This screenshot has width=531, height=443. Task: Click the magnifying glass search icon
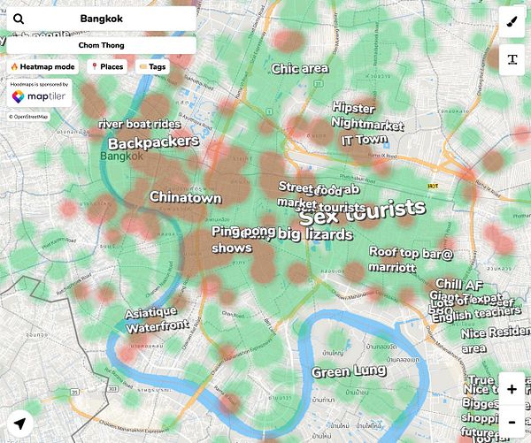[x=19, y=19]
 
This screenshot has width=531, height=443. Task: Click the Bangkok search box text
[x=101, y=19]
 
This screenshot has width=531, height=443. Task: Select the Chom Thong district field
[x=101, y=45]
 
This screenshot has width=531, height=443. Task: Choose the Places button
[x=106, y=66]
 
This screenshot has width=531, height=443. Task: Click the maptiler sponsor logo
[x=40, y=96]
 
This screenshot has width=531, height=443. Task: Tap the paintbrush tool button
[x=512, y=23]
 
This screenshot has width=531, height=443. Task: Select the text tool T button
[x=512, y=59]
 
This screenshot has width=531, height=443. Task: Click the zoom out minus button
[x=512, y=422]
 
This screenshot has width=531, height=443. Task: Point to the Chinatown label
[x=185, y=197]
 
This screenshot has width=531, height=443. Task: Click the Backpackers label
[x=153, y=142]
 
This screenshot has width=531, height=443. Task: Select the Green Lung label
[x=348, y=372]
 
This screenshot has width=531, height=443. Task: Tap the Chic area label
[x=300, y=69]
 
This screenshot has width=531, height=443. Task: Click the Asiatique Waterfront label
[x=157, y=318]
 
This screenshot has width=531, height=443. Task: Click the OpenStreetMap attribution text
[x=29, y=117]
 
